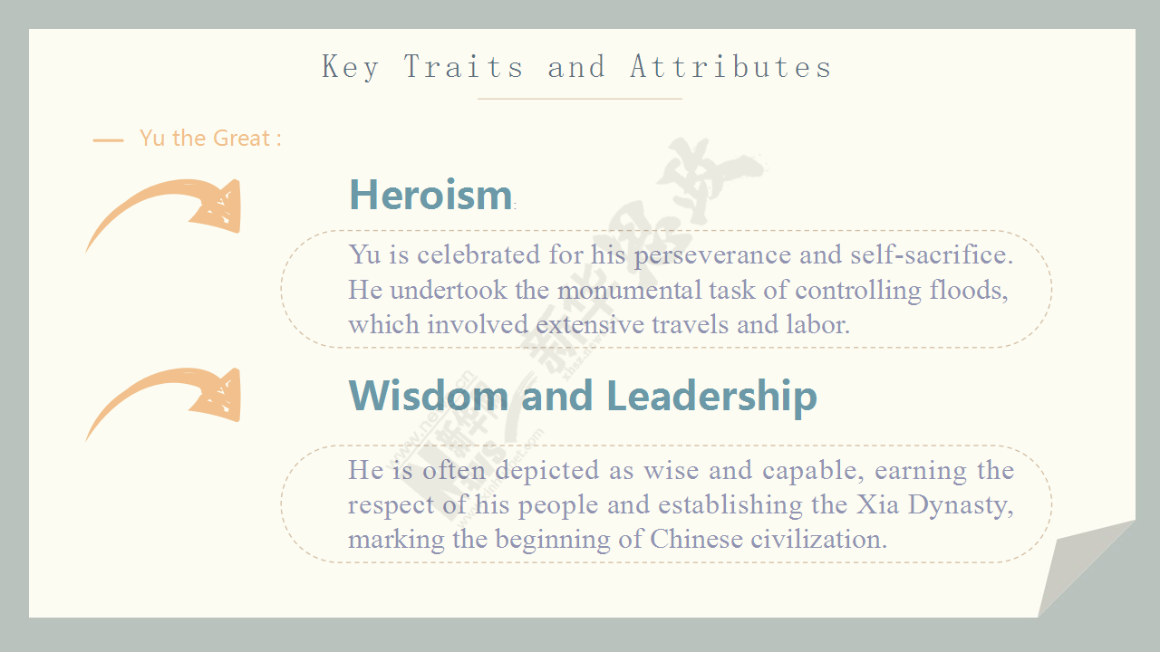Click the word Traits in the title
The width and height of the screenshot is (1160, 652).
tap(463, 67)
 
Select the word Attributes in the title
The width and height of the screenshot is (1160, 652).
tap(730, 67)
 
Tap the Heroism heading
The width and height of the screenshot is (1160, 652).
tap(430, 195)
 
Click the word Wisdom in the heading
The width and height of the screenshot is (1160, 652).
tap(429, 396)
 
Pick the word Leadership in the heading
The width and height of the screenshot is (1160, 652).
tap(711, 397)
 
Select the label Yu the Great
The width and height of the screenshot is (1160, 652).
tap(210, 139)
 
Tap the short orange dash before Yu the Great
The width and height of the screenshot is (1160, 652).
tap(108, 140)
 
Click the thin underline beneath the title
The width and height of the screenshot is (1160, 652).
tap(579, 99)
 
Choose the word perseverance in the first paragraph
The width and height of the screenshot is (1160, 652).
tap(712, 255)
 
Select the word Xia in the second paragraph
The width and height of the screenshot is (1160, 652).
tap(877, 504)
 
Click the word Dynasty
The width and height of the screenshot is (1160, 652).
tap(961, 506)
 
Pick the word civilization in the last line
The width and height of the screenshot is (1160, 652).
tap(818, 539)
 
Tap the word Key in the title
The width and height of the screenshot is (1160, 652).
tap(350, 67)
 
